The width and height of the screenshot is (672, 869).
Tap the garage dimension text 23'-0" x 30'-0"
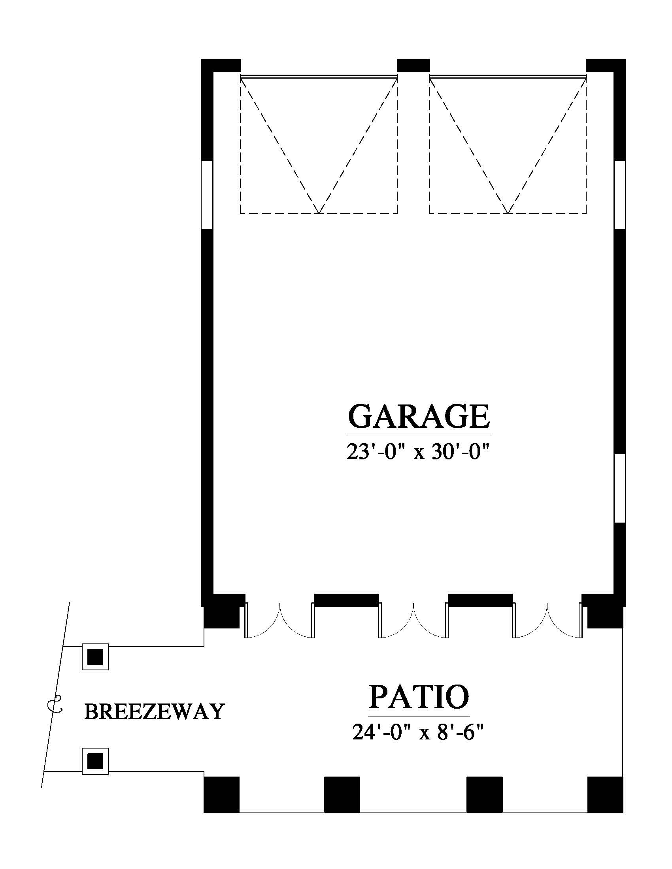pos(417,452)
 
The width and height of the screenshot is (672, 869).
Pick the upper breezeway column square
pos(95,656)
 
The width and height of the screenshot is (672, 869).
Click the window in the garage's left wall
pos(207,195)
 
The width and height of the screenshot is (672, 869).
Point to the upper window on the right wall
pos(620,195)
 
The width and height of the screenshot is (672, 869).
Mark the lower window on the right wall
pos(620,488)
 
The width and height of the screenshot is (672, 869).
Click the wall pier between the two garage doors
pos(413,66)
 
